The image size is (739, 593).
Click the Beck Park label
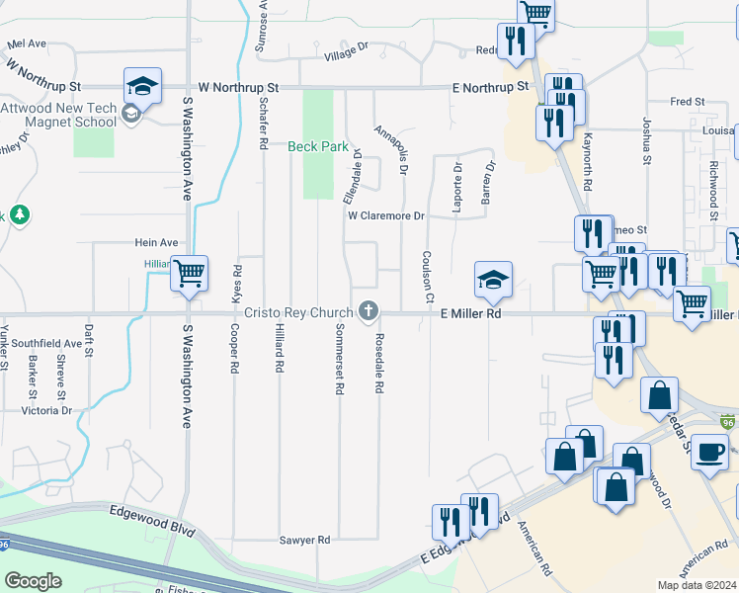point(318,147)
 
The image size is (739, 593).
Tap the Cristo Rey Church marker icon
point(369,312)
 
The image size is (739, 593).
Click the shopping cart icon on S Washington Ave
point(188,273)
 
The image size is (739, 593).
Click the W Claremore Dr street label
point(384,215)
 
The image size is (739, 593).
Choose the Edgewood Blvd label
point(144,510)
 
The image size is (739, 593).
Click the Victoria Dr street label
point(40,410)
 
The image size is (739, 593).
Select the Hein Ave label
point(156,242)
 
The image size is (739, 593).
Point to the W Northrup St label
point(238,87)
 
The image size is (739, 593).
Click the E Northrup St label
point(488,88)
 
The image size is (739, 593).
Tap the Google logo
point(33,581)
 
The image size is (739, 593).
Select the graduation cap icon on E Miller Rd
point(493,279)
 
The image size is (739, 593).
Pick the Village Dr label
point(346,51)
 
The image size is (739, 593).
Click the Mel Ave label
point(27,43)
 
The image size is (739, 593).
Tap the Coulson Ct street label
point(428,277)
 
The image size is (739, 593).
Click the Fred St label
point(687,102)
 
